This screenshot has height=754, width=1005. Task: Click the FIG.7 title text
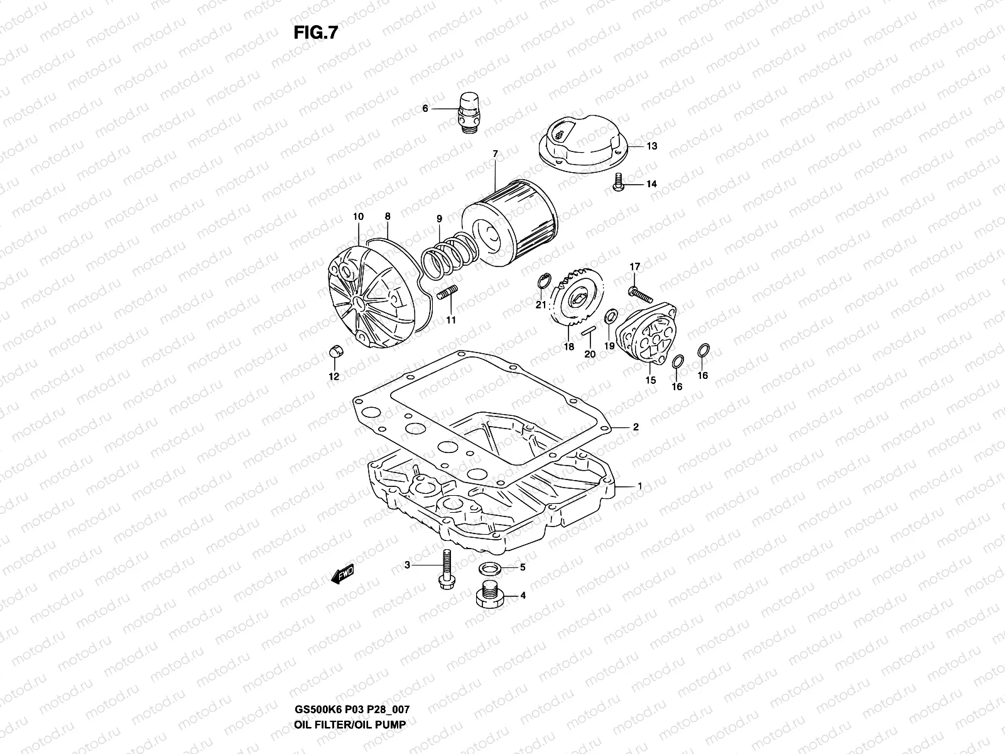coord(315,33)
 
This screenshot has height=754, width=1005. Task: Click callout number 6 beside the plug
coord(442,109)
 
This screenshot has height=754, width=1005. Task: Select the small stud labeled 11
coord(449,293)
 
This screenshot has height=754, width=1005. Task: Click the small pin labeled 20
coord(588,331)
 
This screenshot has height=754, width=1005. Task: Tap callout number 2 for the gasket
coord(636,427)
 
